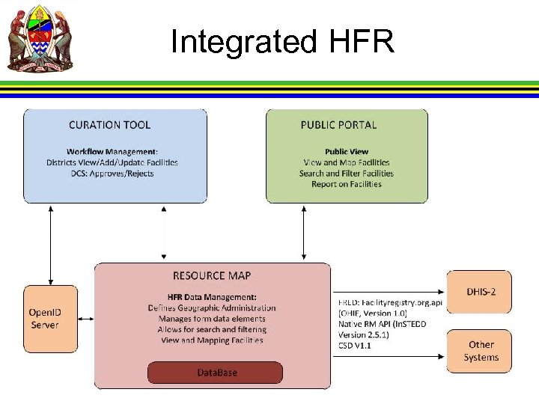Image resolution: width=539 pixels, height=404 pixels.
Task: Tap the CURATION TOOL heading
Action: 109,126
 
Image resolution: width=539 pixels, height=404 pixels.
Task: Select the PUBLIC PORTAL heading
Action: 338,125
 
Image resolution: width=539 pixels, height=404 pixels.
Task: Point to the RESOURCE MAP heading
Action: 212,276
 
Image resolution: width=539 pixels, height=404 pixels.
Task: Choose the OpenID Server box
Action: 49,319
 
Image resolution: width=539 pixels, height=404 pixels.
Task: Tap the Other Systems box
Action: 481,351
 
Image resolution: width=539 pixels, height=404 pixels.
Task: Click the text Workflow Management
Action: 112,151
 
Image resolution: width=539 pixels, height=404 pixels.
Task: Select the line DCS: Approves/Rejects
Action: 112,174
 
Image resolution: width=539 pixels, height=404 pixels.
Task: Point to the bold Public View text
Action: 347,151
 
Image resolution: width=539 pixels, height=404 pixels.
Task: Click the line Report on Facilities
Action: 347,184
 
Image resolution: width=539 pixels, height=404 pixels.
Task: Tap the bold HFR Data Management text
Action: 213,297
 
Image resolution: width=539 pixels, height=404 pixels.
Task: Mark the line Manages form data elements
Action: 212,319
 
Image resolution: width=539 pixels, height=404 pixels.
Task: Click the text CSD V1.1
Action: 355,346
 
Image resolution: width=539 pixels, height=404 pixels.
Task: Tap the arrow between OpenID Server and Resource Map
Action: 86,319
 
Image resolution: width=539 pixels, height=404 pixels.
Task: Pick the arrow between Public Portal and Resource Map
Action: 303,231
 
